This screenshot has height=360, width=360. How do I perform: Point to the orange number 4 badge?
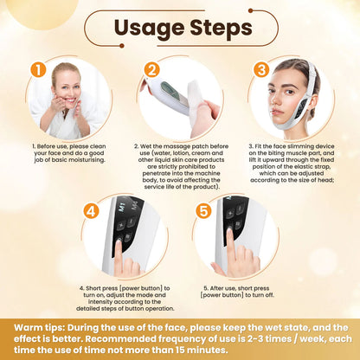93,209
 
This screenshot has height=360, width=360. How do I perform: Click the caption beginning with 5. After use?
237,294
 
